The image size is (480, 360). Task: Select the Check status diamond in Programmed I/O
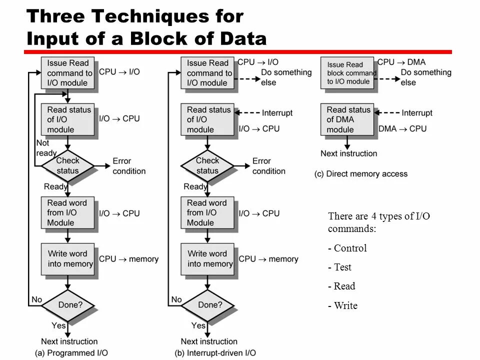click(x=67, y=165)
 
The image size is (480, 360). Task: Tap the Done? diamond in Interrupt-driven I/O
click(x=207, y=304)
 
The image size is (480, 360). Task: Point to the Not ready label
click(x=45, y=148)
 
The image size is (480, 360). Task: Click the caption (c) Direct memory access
click(x=361, y=174)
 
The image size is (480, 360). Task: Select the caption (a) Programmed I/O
click(x=71, y=353)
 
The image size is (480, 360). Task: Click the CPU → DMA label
click(x=401, y=62)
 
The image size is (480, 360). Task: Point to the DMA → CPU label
click(x=402, y=128)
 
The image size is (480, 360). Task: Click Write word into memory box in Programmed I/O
click(x=70, y=258)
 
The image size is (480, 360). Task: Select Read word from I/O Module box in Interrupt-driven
click(x=207, y=212)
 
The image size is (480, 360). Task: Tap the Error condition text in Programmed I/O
click(x=129, y=166)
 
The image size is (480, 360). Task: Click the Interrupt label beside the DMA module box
click(x=417, y=113)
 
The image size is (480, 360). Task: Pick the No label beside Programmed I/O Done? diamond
click(x=36, y=299)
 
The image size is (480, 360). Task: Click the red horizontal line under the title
click(x=238, y=52)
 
